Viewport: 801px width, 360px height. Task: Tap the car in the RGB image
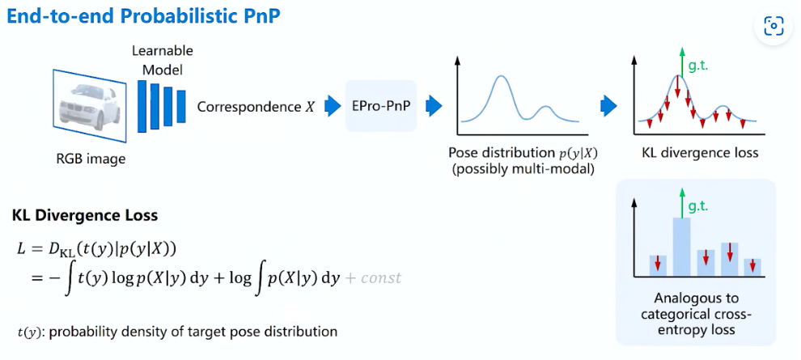point(89,106)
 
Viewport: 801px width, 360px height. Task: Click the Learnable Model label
point(162,61)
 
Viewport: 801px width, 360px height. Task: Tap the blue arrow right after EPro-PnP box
point(434,106)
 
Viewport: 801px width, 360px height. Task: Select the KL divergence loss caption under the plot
point(700,152)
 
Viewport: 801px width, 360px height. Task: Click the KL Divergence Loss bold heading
point(85,216)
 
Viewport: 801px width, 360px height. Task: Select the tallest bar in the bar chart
point(681,246)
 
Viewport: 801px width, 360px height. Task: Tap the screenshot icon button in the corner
point(773,27)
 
